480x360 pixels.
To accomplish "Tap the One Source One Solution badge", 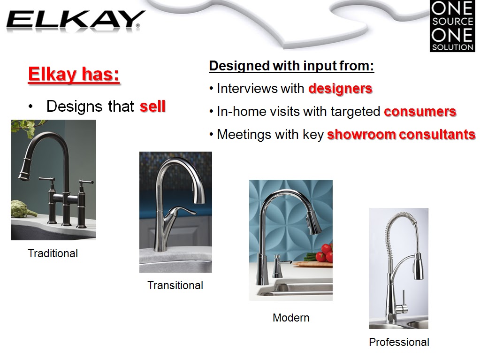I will pyautogui.click(x=452, y=26).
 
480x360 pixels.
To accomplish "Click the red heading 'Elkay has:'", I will pyautogui.click(x=74, y=75).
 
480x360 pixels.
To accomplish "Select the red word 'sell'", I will pyautogui.click(x=152, y=107).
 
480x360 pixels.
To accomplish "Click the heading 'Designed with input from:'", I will pyautogui.click(x=291, y=66).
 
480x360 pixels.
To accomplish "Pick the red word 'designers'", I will pyautogui.click(x=340, y=88).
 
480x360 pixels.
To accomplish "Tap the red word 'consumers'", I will pyautogui.click(x=420, y=112).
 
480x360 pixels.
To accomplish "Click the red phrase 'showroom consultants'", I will pyautogui.click(x=401, y=135).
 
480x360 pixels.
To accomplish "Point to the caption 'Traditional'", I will pyautogui.click(x=53, y=253).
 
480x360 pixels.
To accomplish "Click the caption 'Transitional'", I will pyautogui.click(x=175, y=285).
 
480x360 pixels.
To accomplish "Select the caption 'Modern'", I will pyautogui.click(x=290, y=318).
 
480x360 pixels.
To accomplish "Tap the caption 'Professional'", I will pyautogui.click(x=399, y=342).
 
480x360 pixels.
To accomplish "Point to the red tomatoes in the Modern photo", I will pyautogui.click(x=324, y=253).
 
